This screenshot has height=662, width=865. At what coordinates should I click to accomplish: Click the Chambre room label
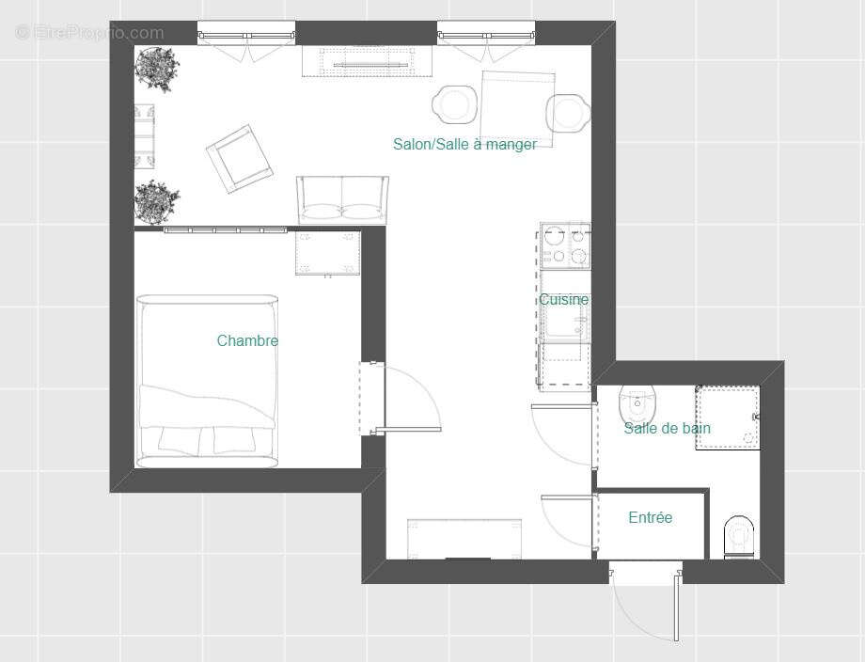(x=247, y=340)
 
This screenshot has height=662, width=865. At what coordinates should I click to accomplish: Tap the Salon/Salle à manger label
(x=464, y=144)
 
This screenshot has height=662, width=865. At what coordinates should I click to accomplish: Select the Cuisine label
(x=563, y=299)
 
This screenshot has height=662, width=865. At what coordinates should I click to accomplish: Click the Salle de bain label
(x=667, y=428)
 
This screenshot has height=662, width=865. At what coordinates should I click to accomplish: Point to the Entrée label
(x=651, y=517)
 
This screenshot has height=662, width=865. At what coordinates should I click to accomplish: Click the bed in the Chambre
(x=208, y=381)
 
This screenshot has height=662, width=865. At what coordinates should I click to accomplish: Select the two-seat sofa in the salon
(x=341, y=198)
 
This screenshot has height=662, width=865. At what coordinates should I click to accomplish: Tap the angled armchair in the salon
(x=241, y=159)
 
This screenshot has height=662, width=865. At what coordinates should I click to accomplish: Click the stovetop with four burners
(x=564, y=245)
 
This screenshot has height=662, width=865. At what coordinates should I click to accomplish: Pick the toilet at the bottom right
(x=740, y=536)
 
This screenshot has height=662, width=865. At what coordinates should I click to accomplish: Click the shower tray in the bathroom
(x=727, y=417)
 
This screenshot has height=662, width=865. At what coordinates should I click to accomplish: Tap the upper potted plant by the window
(x=156, y=69)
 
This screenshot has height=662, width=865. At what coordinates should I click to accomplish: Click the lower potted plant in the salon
(x=156, y=201)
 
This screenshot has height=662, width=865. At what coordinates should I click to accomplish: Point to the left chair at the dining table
(x=455, y=104)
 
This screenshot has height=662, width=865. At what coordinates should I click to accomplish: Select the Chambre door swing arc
(x=414, y=395)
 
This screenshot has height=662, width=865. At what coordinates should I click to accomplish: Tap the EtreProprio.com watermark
(x=89, y=33)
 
